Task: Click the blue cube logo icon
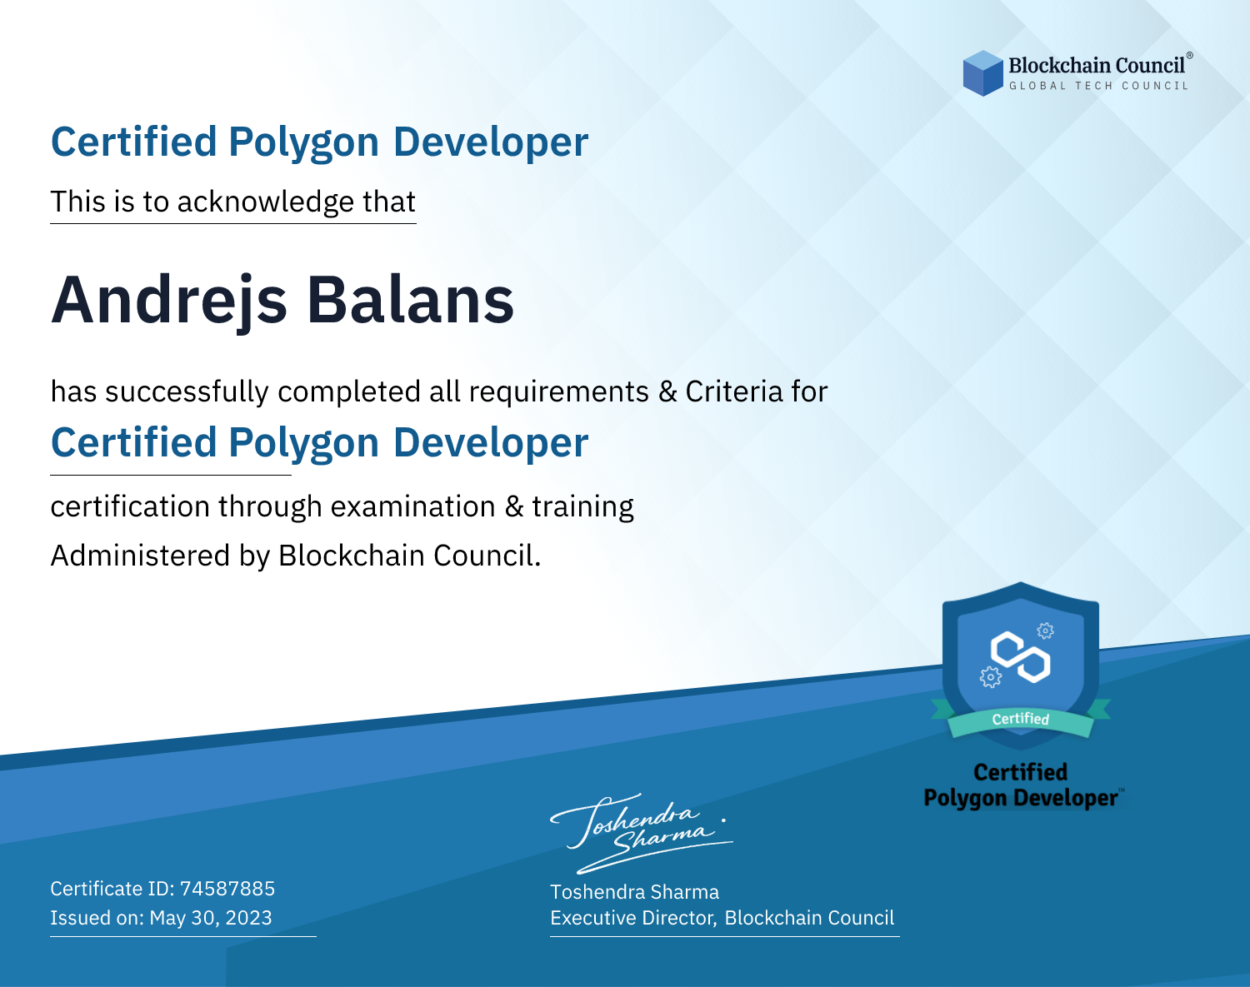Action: [x=982, y=73]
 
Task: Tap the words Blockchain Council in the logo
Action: [x=1097, y=66]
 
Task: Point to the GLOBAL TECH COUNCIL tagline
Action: [x=1099, y=86]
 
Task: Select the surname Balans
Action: [x=410, y=300]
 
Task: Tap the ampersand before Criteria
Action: [x=667, y=391]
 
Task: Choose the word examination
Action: [x=413, y=506]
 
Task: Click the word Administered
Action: [x=140, y=555]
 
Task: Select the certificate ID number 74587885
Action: [x=227, y=888]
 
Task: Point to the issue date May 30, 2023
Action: [x=211, y=917]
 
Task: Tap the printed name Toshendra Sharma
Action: [x=634, y=892]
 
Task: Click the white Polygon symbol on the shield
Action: [x=1021, y=657]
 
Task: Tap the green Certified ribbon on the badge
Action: [x=1021, y=719]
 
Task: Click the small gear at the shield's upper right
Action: [x=1045, y=631]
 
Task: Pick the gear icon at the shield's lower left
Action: [x=990, y=677]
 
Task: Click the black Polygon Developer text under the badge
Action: [x=1021, y=798]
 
